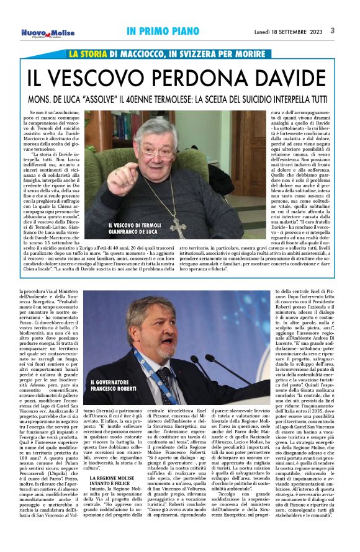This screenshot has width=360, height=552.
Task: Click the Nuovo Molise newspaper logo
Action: pyautogui.click(x=48, y=32)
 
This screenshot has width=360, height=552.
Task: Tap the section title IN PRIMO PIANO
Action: pyautogui.click(x=158, y=30)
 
